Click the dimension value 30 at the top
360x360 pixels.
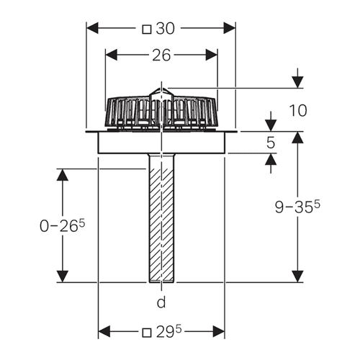click(x=165, y=29)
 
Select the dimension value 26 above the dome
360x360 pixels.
click(x=161, y=55)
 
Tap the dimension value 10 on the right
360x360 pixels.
click(x=298, y=111)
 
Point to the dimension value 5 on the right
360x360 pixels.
click(x=271, y=143)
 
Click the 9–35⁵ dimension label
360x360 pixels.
click(x=297, y=207)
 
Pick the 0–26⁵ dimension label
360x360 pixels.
click(x=63, y=225)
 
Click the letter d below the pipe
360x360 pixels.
click(x=161, y=302)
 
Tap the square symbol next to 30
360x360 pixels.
click(x=147, y=30)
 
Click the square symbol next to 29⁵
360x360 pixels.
click(x=147, y=333)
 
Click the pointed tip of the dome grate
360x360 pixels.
click(x=161, y=88)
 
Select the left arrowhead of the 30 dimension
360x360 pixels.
click(x=92, y=28)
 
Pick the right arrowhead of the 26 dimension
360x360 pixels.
click(x=212, y=55)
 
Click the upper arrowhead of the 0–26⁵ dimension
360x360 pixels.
click(x=63, y=175)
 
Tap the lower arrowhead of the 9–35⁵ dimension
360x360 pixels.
click(x=297, y=276)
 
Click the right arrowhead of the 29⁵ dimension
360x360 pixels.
click(x=219, y=332)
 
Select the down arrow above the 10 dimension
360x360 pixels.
click(x=297, y=78)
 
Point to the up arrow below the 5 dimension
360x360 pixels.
click(x=271, y=163)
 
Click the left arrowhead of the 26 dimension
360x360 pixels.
click(x=112, y=55)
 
